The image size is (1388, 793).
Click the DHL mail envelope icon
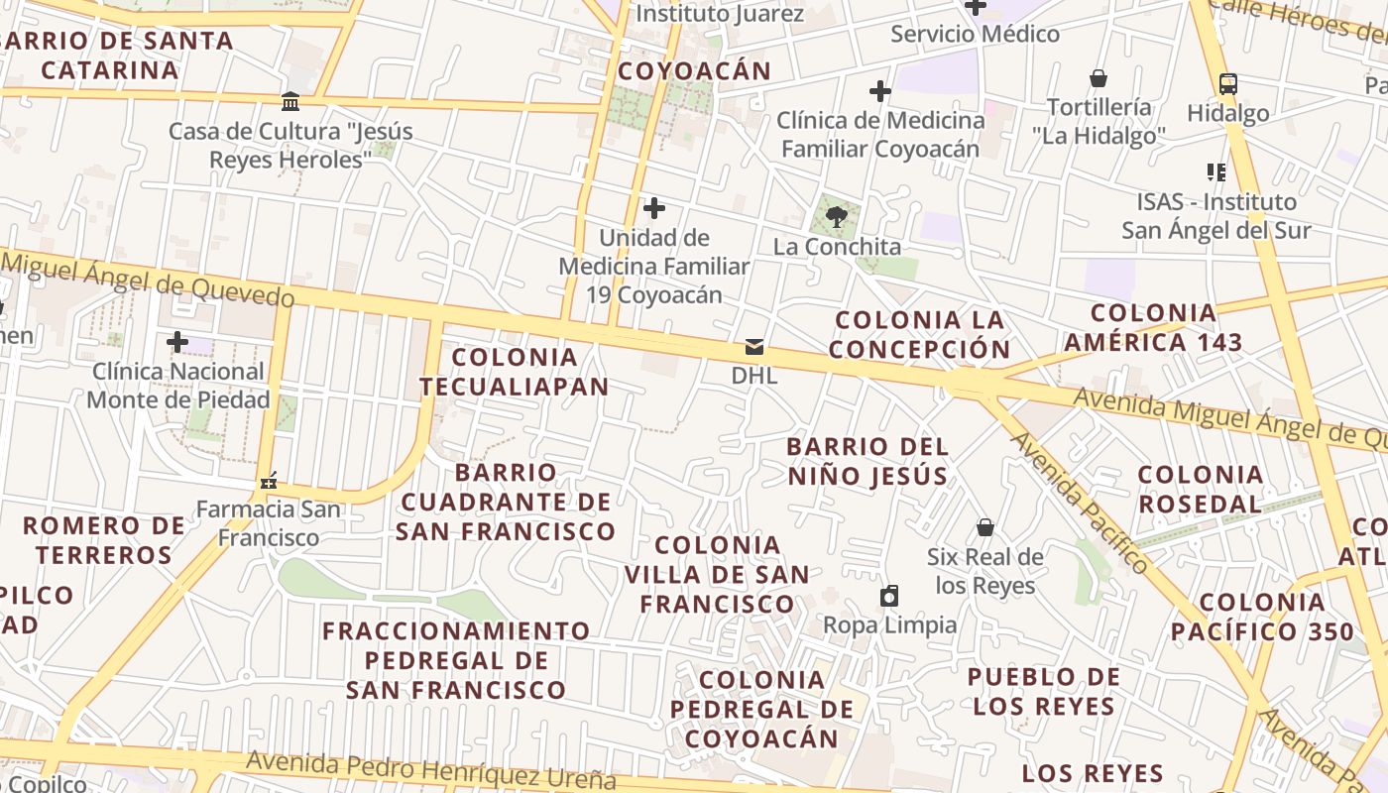[x=754, y=347]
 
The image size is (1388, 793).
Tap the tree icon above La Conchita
[x=836, y=216]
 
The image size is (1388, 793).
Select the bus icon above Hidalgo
[x=1227, y=83]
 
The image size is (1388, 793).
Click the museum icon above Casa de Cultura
[x=290, y=101]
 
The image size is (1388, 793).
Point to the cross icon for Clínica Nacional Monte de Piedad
[x=177, y=342]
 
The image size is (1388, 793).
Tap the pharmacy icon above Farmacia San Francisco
[x=269, y=482]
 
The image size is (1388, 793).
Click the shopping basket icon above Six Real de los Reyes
[x=985, y=526]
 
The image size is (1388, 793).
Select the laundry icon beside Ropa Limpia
[x=889, y=596]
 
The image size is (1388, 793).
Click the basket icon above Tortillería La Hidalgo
[x=1099, y=77]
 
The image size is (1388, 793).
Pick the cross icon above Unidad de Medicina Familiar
[x=654, y=208]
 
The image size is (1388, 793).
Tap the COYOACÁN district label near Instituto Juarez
[x=694, y=71]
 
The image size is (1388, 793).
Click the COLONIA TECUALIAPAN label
[x=514, y=372]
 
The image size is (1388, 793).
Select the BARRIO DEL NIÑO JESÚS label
[x=867, y=461]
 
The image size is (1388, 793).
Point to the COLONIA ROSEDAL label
[x=1200, y=489]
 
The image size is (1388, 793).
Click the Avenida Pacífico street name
[x=1081, y=504]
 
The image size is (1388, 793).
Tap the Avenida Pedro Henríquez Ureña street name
[x=431, y=769]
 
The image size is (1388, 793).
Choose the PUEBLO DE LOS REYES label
[x=1044, y=692]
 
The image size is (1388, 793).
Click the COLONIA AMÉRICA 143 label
[x=1153, y=328]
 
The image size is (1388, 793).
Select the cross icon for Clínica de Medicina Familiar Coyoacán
[x=879, y=91]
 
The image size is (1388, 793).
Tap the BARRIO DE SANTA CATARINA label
[x=117, y=56]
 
